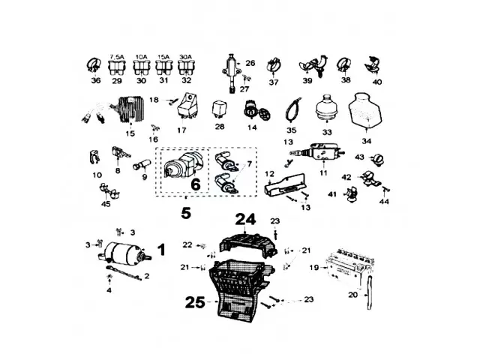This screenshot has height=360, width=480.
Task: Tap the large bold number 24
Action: (x=245, y=219)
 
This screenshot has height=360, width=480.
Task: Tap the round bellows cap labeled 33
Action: (x=327, y=109)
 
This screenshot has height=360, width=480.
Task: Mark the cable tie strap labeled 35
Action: (x=292, y=110)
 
